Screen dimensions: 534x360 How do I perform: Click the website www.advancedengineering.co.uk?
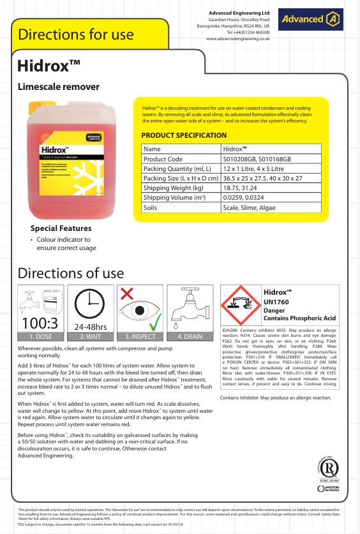[x=238, y=39]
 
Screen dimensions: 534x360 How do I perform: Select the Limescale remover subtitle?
[x=59, y=86]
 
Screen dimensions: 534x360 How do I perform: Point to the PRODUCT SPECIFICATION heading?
[x=184, y=135]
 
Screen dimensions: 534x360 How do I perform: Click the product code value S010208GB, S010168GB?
[x=257, y=159]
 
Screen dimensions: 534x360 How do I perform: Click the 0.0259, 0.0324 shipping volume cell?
[x=246, y=198]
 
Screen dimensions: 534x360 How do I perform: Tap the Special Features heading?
[x=61, y=228]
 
